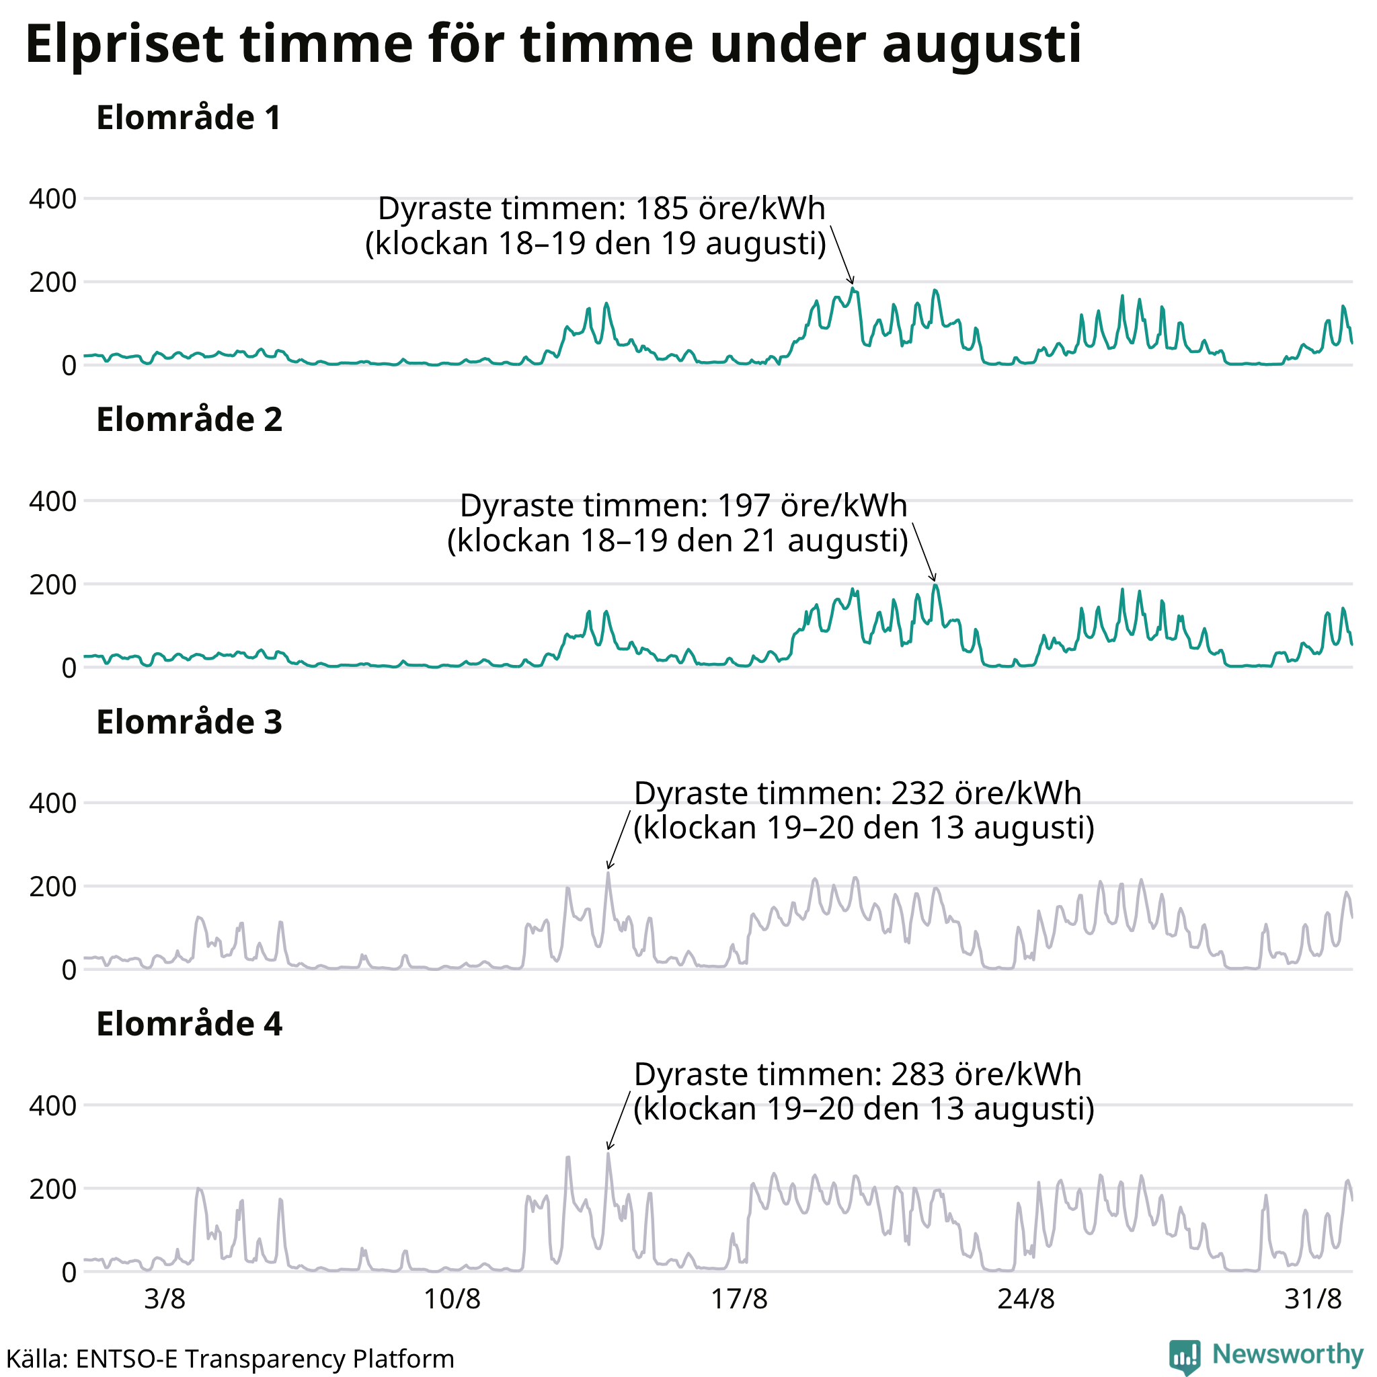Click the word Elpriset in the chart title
pos(125,44)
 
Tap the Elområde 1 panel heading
pos(189,118)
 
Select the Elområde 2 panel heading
pos(190,420)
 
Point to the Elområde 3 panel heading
pos(190,722)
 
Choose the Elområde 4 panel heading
pos(190,1024)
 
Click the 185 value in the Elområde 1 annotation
pos(662,209)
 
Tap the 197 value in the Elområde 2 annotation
pos(744,506)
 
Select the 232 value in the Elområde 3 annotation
pos(918,793)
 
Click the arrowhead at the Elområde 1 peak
pos(852,282)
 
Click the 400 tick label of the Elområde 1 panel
pos(52,199)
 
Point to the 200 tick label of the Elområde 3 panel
pos(52,887)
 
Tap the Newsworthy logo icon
pos(1184,1355)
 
